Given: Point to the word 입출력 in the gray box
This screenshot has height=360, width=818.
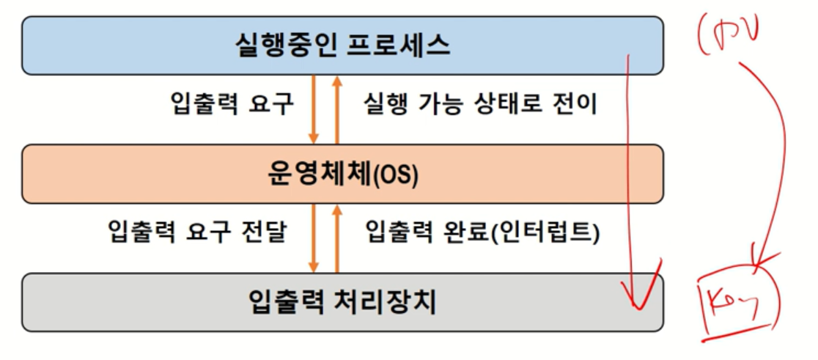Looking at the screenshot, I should coord(288,303).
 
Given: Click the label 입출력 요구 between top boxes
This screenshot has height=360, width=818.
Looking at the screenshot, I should coord(232,105).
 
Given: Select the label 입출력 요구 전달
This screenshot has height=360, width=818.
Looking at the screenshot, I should coord(197,232).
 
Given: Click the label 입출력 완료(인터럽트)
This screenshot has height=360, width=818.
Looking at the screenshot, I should coord(482,232).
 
